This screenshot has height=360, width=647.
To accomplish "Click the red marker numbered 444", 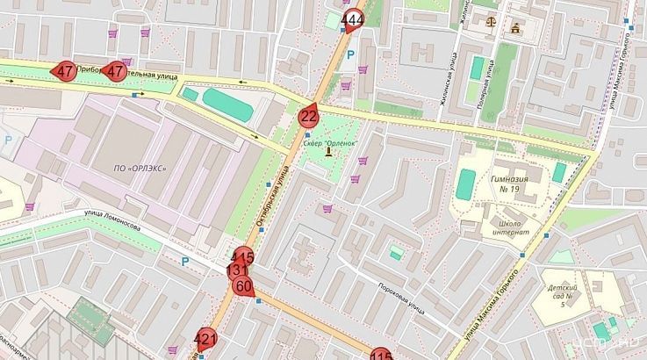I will (x=353, y=20).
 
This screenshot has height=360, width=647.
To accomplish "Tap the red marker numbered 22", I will (x=308, y=116).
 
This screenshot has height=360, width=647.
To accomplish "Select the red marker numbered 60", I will (x=244, y=285).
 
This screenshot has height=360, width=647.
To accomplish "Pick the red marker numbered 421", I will (x=205, y=339).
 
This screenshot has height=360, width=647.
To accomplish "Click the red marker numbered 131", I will (x=237, y=270).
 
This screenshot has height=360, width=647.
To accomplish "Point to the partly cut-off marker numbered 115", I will (x=381, y=355).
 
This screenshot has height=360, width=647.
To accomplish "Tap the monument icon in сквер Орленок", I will (x=328, y=152).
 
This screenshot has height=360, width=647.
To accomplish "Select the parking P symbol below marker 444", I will (x=352, y=55).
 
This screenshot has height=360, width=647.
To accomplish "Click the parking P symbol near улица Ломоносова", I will (x=185, y=261).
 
